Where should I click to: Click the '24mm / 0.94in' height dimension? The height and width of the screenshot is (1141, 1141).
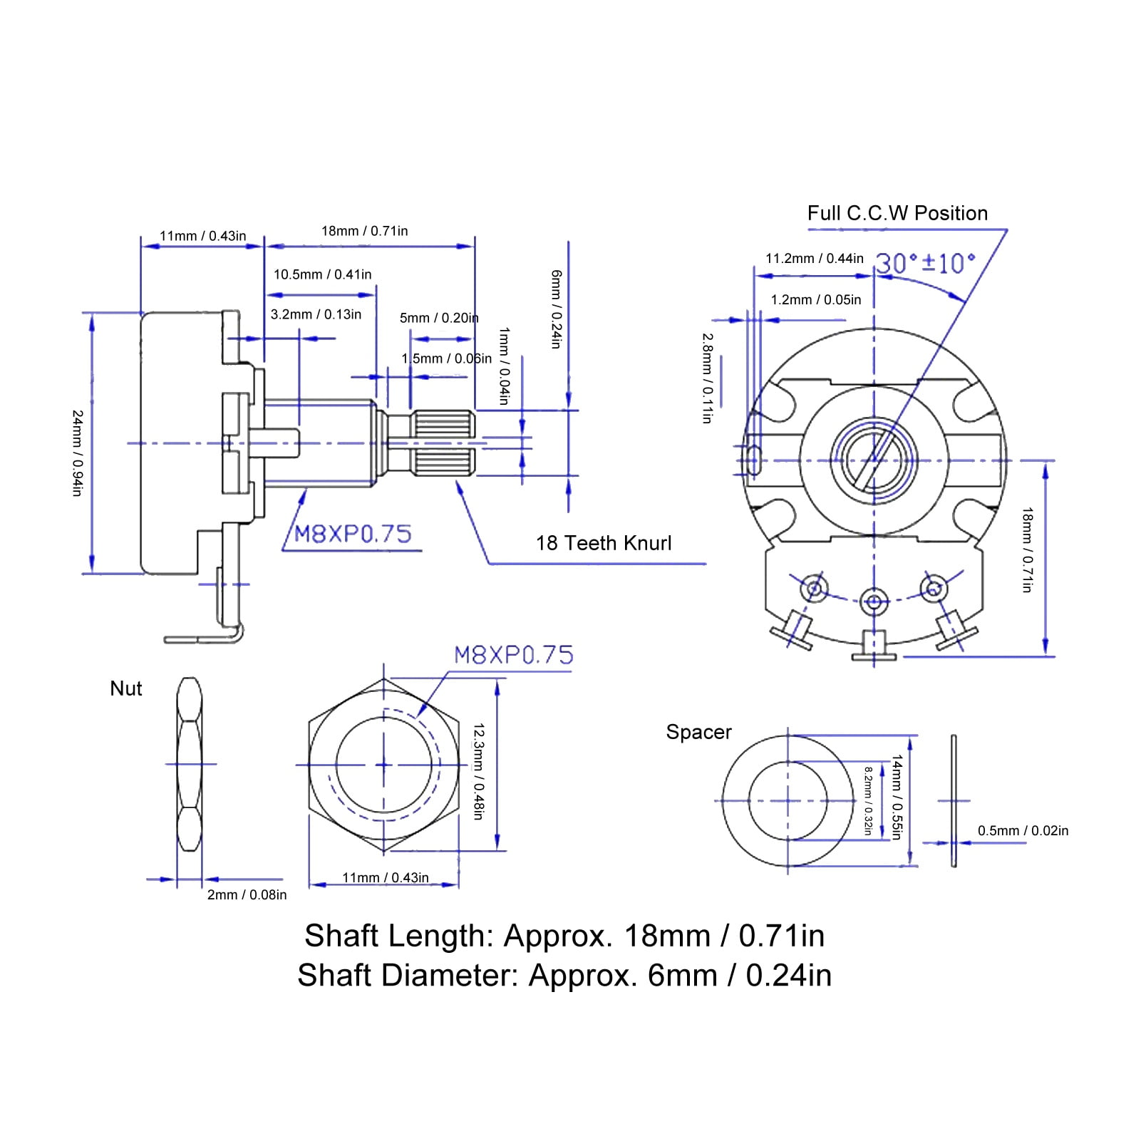[x=78, y=453]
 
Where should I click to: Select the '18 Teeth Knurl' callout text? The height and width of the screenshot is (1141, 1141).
[x=604, y=543]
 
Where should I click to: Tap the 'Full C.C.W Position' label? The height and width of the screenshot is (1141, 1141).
[x=897, y=213]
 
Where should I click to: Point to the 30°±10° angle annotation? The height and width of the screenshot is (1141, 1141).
[x=925, y=264]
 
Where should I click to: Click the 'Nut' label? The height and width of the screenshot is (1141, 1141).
[x=126, y=688]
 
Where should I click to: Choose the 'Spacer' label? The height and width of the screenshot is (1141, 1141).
[x=698, y=733]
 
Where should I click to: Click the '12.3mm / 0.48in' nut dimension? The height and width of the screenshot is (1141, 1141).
[x=479, y=771]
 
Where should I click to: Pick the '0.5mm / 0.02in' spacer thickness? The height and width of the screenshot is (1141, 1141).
[x=1023, y=830]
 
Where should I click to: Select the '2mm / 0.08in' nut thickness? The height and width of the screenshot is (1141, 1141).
[x=247, y=894]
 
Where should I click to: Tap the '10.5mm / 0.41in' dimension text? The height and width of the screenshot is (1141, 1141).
[x=322, y=274]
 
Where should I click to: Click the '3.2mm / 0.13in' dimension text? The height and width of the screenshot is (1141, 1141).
[x=316, y=314]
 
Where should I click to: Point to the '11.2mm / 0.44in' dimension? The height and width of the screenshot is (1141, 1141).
[x=815, y=259]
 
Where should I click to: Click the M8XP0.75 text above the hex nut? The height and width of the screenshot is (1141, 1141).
[x=513, y=655]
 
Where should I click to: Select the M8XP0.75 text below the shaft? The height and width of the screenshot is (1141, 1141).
[x=353, y=534]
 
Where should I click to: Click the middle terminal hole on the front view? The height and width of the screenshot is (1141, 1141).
[x=873, y=600]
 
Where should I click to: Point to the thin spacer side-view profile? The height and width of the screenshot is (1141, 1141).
[x=954, y=801]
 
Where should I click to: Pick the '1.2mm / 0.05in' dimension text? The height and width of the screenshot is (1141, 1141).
[x=816, y=300]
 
